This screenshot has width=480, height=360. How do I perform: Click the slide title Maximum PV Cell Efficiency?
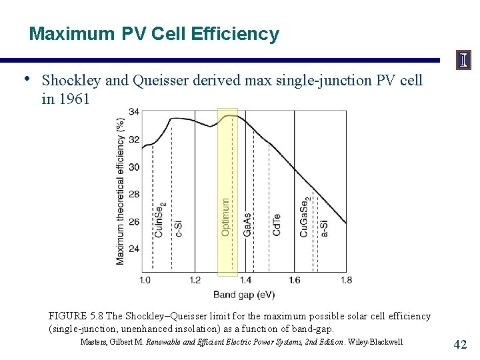pyautogui.click(x=154, y=34)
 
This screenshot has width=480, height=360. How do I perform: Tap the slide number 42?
pyautogui.click(x=460, y=344)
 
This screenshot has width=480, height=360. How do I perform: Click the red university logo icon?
pyautogui.click(x=463, y=61)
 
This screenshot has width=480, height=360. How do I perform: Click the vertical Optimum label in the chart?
pyautogui.click(x=226, y=215)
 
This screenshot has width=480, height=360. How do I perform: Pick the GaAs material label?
pyautogui.click(x=247, y=225)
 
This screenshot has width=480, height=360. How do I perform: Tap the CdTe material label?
pyautogui.click(x=276, y=225)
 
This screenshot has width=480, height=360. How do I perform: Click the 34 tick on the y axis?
pyautogui.click(x=134, y=111)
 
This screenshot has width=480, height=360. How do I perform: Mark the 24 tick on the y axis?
pyautogui.click(x=134, y=249)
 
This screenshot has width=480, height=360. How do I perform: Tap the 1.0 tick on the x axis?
pyautogui.click(x=145, y=280)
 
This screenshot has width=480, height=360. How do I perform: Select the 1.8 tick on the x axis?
pyautogui.click(x=345, y=280)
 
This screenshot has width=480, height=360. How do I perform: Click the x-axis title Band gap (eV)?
pyautogui.click(x=244, y=295)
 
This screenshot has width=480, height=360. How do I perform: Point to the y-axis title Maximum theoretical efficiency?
pyautogui.click(x=120, y=191)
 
